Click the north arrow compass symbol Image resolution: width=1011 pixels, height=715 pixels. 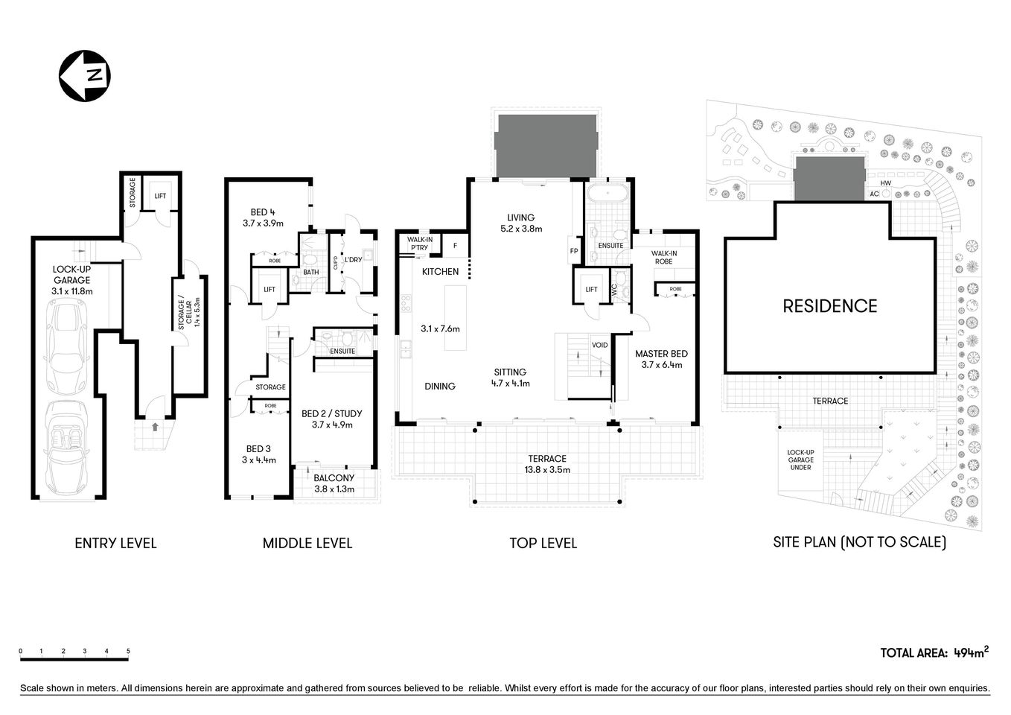pos(85,75)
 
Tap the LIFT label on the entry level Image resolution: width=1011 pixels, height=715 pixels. pos(160,196)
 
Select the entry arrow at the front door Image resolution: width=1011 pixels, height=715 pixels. pos(155,427)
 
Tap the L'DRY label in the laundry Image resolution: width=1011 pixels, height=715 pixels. pos(353,260)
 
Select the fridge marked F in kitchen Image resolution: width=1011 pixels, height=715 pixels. pos(455,245)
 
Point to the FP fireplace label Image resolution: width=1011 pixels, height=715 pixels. pos(574,251)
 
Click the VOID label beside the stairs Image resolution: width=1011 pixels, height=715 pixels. pos(599,346)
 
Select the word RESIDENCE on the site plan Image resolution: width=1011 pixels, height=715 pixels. pos(829,305)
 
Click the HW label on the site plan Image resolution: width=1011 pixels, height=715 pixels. pos(885,183)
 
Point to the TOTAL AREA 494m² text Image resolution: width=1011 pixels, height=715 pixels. pos(934,652)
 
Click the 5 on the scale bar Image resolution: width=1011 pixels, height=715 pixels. pos(128,651)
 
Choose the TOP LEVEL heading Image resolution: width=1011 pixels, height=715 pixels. pos(543,543)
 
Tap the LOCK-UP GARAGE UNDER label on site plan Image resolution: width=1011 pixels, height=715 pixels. pos(800,460)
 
